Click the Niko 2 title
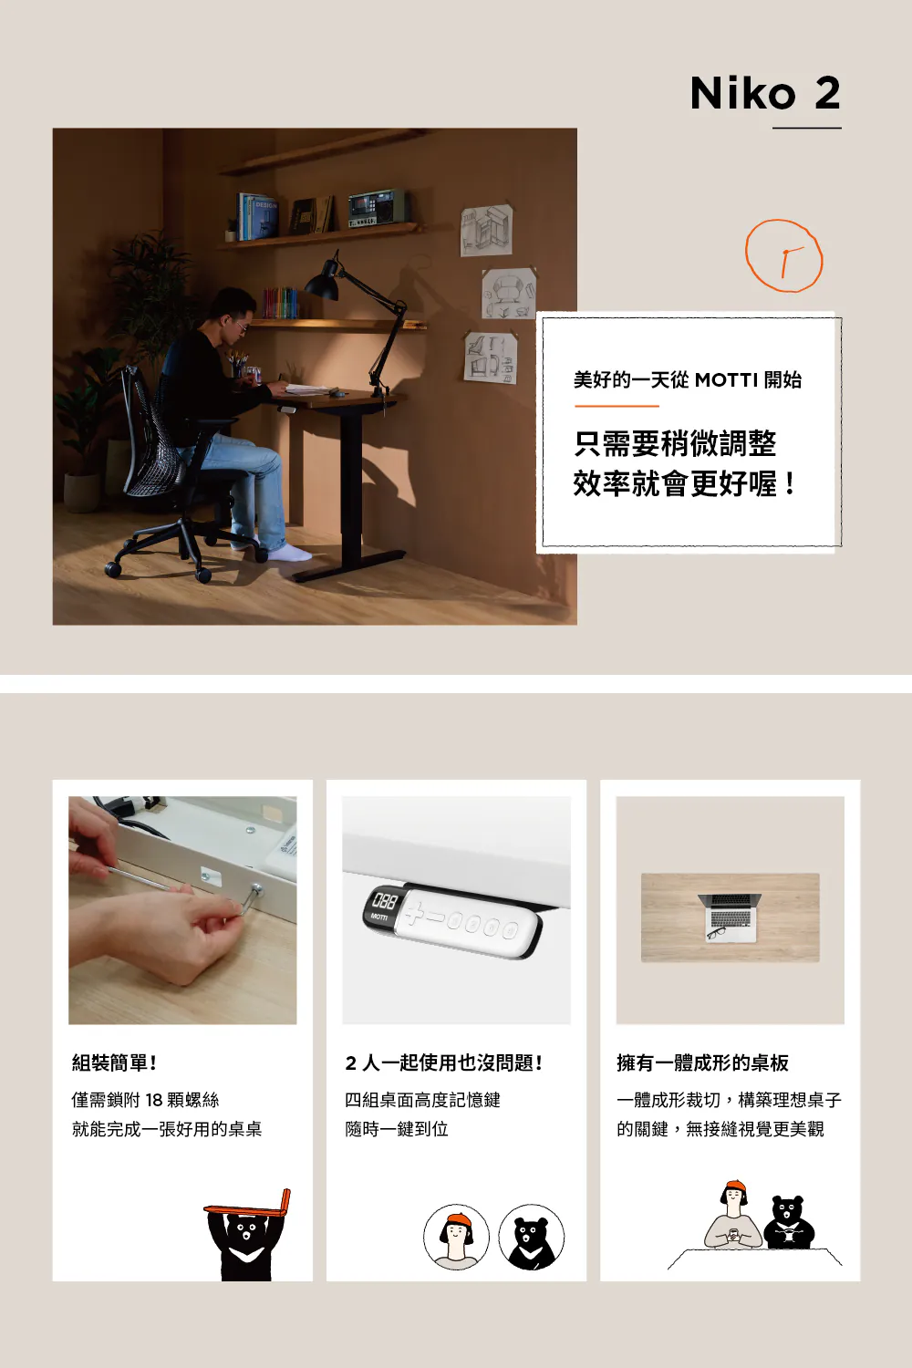coord(765,93)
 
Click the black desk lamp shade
coord(322,281)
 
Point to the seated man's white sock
coord(291,554)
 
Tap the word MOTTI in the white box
coord(726,380)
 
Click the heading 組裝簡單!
coord(114,1063)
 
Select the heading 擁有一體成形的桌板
coord(702,1063)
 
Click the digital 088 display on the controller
coord(384,901)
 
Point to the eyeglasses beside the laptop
coord(717,932)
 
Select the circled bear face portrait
coord(532,1238)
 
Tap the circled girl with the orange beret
coord(456,1238)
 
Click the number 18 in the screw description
coord(154,1101)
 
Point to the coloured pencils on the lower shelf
coord(280,303)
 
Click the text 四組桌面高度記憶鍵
coord(422,1101)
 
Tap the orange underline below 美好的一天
coord(617,406)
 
